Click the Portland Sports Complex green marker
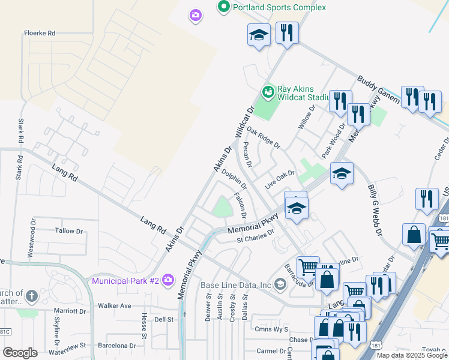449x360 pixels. pos(224,7)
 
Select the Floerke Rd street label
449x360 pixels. pos(40,33)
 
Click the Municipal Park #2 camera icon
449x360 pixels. pos(167,280)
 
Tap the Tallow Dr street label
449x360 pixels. pos(68,231)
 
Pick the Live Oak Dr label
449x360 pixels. pos(280,179)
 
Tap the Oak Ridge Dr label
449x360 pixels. pos(263,139)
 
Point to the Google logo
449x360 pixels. pos(20,353)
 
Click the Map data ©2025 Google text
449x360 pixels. pos(412,355)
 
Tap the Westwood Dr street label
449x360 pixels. pos(31,239)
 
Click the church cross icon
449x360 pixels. pos(32,296)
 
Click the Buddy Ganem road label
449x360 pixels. pos(378,89)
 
